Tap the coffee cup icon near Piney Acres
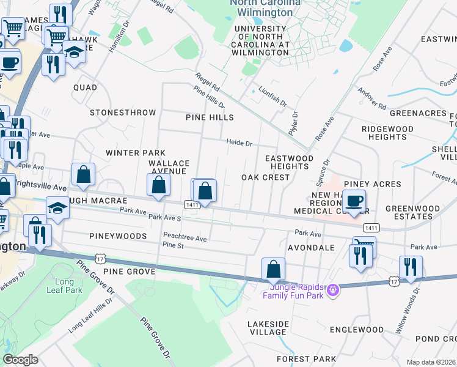[x=354, y=201]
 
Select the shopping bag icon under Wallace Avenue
[x=158, y=185]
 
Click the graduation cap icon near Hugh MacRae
[x=57, y=209]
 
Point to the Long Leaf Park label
[x=59, y=286]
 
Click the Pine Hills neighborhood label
[x=210, y=117]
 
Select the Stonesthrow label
[x=123, y=113]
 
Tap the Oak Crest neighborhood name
[x=265, y=177]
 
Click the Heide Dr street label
[x=239, y=143]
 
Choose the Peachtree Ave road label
[x=185, y=238]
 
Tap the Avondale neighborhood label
[x=312, y=248]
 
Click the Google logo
[x=20, y=360]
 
